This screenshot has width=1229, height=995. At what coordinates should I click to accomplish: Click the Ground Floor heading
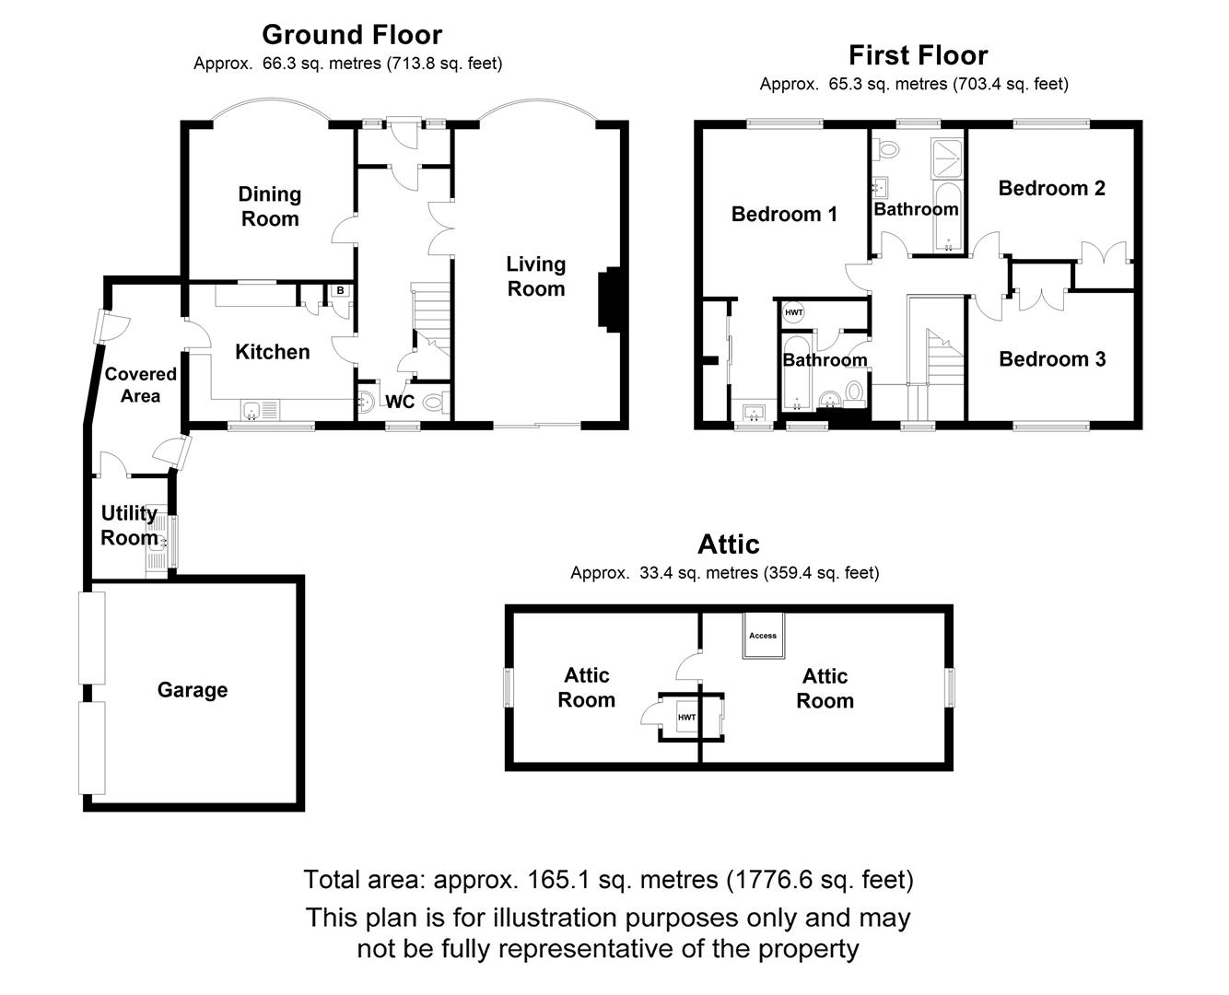[352, 35]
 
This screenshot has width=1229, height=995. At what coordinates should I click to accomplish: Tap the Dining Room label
[270, 206]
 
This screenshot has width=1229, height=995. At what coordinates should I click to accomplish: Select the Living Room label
[536, 276]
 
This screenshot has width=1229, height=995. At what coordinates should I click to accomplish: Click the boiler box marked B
[341, 290]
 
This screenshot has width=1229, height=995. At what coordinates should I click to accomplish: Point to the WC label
[400, 402]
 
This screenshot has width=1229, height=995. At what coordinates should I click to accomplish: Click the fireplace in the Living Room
[609, 299]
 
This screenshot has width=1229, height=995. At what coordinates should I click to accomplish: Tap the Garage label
[193, 690]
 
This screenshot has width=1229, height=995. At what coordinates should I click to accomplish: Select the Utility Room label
[129, 525]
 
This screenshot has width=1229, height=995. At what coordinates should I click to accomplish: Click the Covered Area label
[140, 385]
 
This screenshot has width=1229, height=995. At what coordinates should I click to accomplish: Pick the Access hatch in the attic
[763, 635]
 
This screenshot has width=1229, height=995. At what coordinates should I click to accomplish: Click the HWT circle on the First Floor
[794, 312]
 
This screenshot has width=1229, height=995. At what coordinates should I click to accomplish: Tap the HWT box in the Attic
[686, 717]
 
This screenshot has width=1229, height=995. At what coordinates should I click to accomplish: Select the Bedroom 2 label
[1052, 188]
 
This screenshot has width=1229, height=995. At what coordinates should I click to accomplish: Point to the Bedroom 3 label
[1052, 358]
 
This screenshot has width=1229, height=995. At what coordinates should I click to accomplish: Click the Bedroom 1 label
[784, 214]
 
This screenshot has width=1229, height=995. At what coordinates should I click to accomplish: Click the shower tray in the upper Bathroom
[947, 158]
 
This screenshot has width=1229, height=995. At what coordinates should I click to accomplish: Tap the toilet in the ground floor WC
[438, 402]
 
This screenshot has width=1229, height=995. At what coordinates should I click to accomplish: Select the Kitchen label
[273, 352]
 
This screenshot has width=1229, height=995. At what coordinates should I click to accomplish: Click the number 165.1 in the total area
[557, 879]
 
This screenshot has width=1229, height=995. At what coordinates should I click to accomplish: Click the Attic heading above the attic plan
[729, 544]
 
